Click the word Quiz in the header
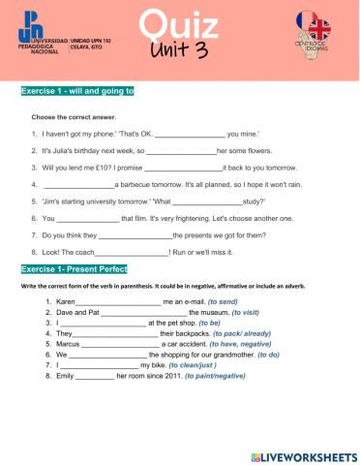point(178,22)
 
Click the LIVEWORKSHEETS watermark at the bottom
point(302,454)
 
